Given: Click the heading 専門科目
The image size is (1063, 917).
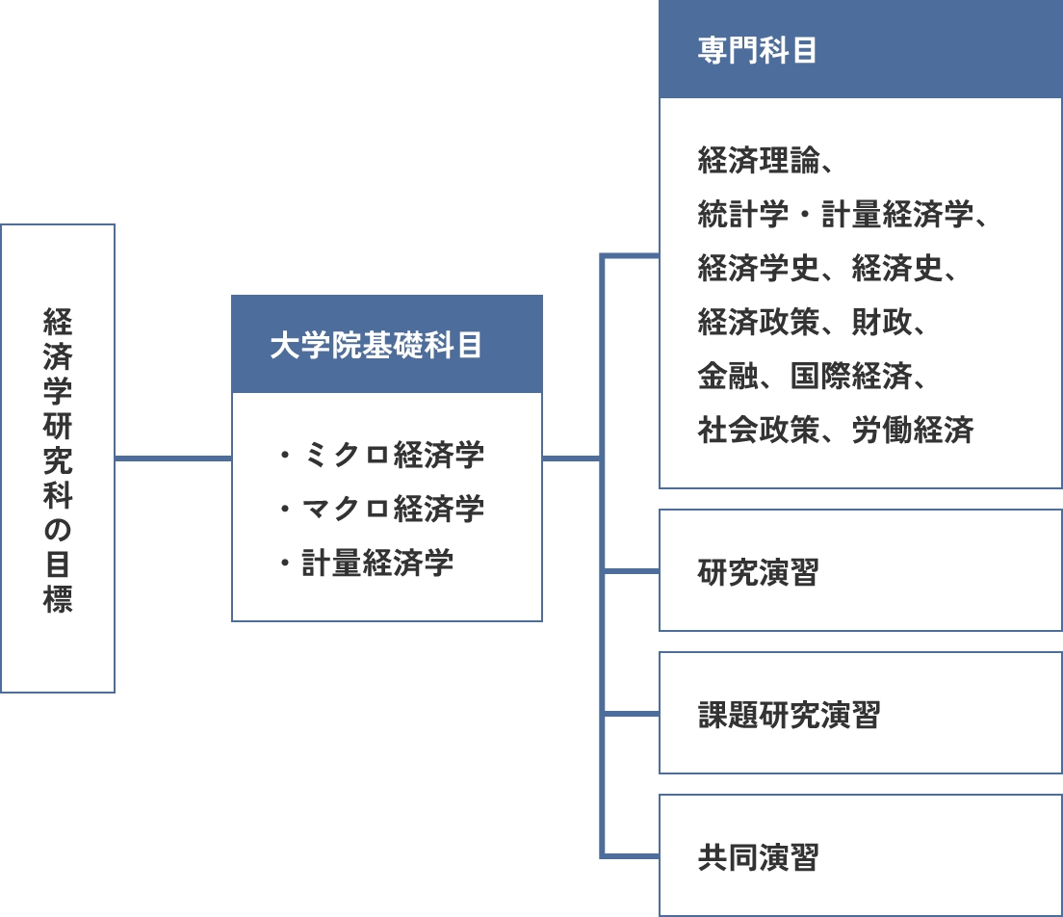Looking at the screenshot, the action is click(757, 50).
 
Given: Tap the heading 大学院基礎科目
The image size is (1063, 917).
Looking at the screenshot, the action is click(376, 345).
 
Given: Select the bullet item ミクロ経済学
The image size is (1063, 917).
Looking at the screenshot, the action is click(394, 455).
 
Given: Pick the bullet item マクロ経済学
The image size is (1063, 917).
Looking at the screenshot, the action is click(394, 509).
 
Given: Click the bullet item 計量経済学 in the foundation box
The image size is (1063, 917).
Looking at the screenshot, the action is click(377, 563).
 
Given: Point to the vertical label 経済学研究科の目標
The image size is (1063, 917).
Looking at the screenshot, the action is click(58, 460).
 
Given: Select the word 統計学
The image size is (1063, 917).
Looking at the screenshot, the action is click(743, 215).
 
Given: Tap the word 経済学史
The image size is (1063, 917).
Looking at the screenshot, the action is click(758, 268).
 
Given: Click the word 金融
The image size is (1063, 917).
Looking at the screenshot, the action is click(727, 376).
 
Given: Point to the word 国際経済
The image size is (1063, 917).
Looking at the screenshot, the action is click(851, 376).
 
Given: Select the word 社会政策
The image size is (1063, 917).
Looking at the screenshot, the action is click(758, 430).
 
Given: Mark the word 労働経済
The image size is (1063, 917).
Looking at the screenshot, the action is click(913, 430).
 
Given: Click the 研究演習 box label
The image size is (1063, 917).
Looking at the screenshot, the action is click(758, 572).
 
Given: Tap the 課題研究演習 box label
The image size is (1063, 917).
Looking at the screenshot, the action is click(790, 715).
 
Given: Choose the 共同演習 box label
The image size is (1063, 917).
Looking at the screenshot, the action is click(758, 857).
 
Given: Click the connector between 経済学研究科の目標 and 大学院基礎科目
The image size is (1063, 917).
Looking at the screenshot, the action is click(173, 459).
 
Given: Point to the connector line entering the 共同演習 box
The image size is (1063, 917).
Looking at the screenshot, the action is click(630, 856).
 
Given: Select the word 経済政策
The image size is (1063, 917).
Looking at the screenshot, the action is click(758, 322).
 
